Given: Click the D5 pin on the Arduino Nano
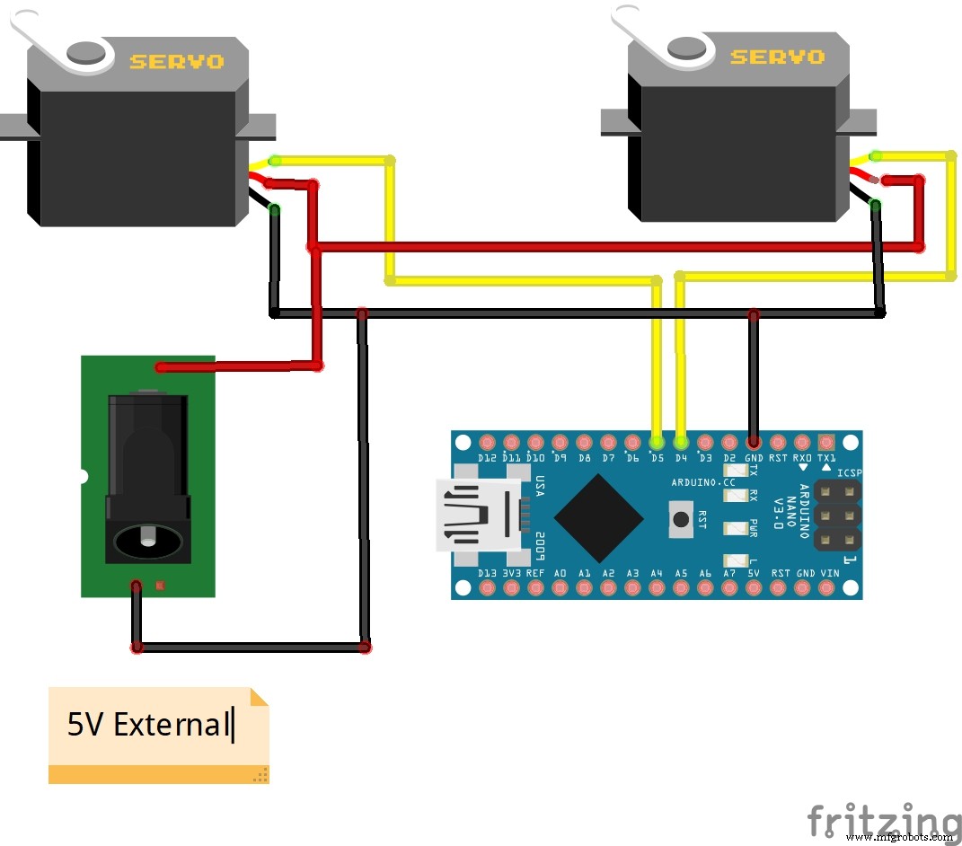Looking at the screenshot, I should pos(657,443).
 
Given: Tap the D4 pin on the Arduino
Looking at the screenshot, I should pos(681,443).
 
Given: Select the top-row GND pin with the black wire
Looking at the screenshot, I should pos(754,443).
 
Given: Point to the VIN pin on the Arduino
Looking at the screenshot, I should pos(829,588).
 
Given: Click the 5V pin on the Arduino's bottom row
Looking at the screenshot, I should pos(754,588).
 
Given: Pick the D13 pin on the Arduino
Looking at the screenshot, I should pos(488,588).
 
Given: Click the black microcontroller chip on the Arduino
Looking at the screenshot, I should pos(598,516).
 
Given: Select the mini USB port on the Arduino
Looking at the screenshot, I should pos(476,516).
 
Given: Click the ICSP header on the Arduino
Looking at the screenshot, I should pos(837,516).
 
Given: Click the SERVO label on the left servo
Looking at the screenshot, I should pos(176,62).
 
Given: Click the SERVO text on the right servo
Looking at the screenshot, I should pos(777,57).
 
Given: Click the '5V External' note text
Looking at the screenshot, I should pos(149,724).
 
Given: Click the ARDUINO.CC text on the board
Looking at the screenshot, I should pos(702,482).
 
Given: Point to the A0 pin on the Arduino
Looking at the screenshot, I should pos(560,588).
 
